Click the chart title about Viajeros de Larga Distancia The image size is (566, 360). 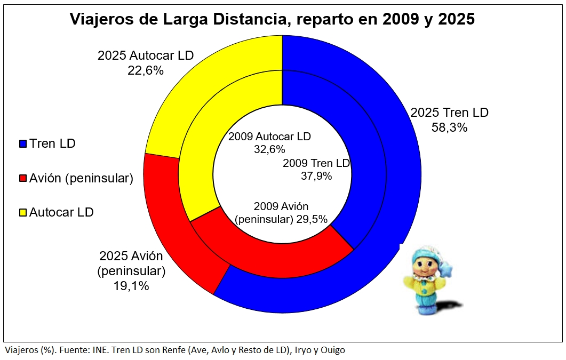point(272,20)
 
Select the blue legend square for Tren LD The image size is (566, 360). point(22,143)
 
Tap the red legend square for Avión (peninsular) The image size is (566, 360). point(22,178)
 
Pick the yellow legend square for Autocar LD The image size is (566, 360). point(22,212)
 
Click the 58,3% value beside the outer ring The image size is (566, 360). point(449,127)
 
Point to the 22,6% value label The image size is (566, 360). point(145,70)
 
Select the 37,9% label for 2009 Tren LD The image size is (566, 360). point(316,175)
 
